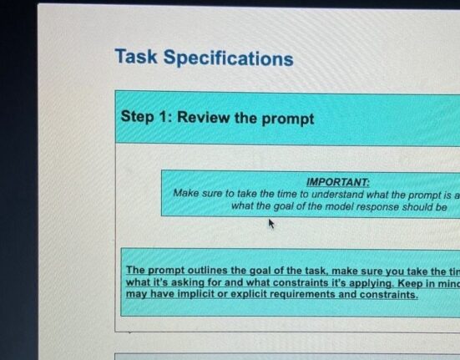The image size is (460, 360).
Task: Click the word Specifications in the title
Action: tap(228, 58)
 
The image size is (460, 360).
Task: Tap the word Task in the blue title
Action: tap(136, 56)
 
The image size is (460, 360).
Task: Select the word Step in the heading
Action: tap(137, 116)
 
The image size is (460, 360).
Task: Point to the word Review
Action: tap(204, 117)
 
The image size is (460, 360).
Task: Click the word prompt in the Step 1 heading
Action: tap(288, 119)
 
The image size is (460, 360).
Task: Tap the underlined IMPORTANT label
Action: tap(338, 182)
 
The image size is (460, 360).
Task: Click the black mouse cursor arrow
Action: tap(271, 224)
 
